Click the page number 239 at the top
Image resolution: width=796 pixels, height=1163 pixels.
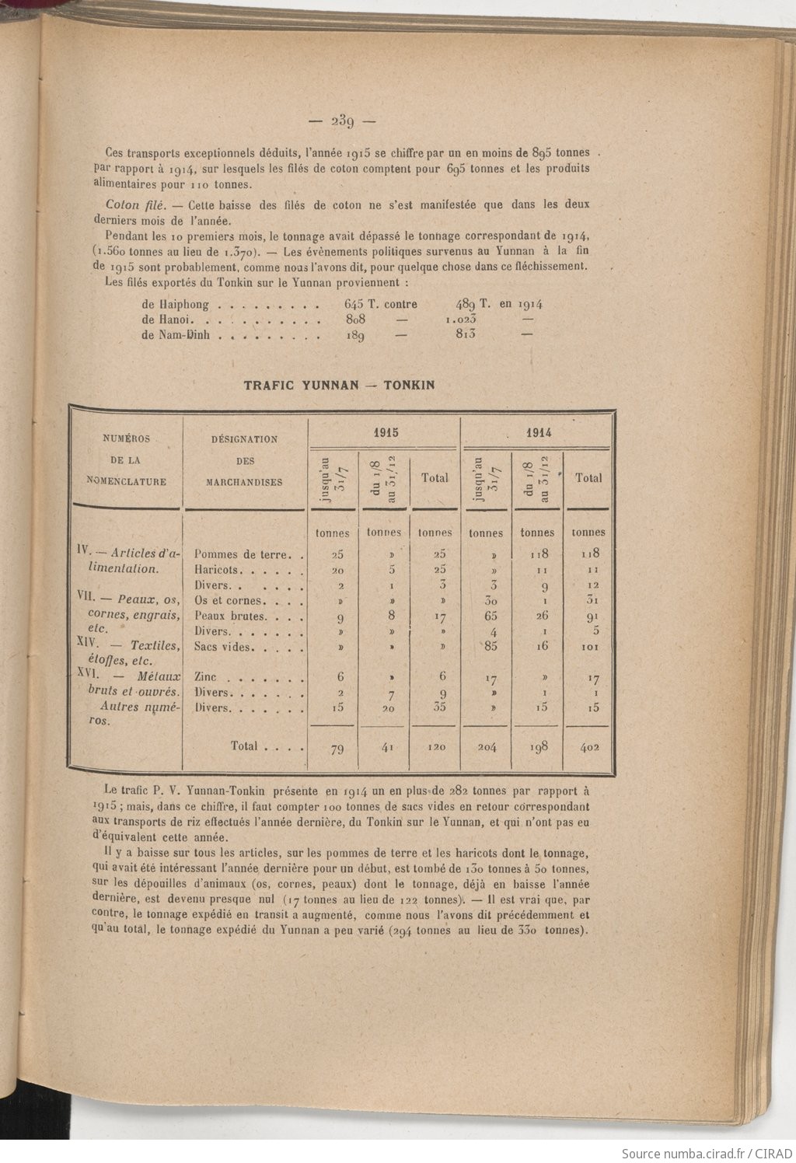coord(342,121)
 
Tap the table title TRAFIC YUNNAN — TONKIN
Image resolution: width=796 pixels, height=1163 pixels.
coord(339,385)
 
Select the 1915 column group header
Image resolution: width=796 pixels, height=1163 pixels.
coord(385,432)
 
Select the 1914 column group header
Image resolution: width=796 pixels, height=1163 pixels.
coord(538,432)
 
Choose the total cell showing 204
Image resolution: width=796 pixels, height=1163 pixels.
coord(486,747)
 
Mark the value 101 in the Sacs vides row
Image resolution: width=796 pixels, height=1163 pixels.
coord(588,647)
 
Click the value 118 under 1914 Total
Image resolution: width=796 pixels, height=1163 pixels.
coord(588,554)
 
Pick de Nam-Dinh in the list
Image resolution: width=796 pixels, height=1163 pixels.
coord(179,336)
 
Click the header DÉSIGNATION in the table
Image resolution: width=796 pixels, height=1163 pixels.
coord(244,439)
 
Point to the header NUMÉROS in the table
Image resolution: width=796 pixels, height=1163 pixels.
coord(126,438)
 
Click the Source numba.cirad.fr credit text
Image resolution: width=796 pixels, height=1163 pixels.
coord(707,1153)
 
